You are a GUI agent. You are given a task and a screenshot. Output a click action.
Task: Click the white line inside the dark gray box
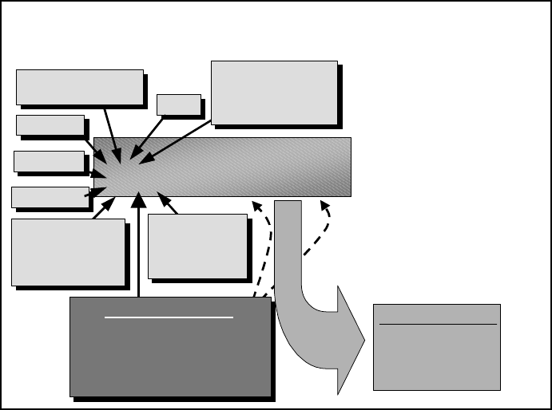click(169, 317)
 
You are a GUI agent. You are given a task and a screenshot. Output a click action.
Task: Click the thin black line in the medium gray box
click(437, 325)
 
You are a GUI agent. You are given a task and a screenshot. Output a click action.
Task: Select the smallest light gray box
click(178, 104)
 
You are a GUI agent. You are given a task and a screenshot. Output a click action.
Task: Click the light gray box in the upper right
click(274, 92)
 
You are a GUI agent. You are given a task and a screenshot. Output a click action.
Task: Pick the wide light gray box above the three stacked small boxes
click(79, 87)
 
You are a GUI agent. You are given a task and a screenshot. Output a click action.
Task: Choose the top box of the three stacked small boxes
click(50, 125)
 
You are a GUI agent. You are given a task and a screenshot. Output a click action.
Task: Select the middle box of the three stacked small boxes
click(49, 161)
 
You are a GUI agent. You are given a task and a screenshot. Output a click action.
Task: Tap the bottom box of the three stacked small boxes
click(50, 196)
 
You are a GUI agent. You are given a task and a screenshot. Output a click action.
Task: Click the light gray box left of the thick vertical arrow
click(68, 251)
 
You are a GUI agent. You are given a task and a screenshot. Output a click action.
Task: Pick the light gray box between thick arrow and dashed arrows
click(197, 246)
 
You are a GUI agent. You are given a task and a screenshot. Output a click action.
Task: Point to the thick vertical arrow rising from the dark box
click(139, 247)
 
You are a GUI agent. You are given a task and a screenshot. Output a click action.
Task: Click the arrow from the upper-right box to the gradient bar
click(177, 142)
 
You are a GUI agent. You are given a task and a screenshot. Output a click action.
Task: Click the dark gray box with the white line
click(170, 351)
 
